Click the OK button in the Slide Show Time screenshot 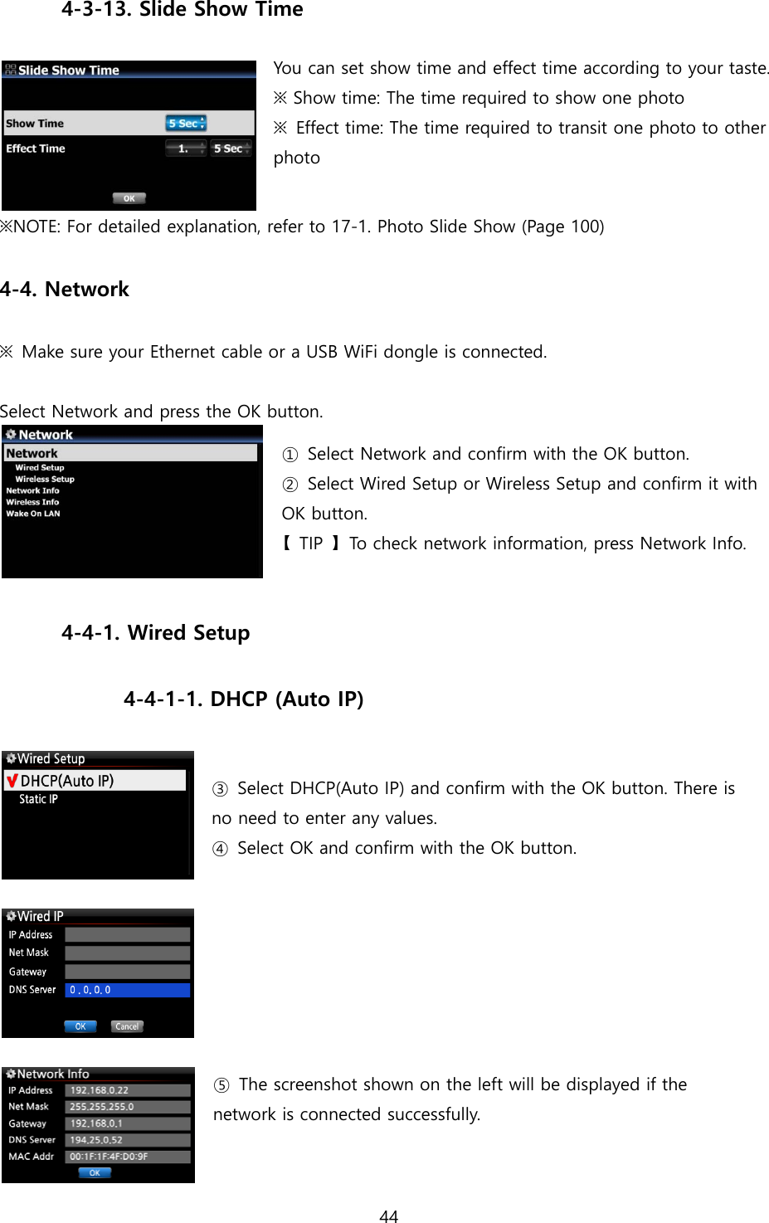point(129,198)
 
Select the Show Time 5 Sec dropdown point(186,124)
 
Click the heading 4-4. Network point(65,290)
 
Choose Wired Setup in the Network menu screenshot point(39,468)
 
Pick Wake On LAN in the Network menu point(33,514)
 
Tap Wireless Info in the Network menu point(32,502)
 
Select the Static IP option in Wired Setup point(38,799)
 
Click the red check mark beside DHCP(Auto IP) point(12,781)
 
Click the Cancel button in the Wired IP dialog point(127,1026)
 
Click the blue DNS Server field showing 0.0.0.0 point(127,990)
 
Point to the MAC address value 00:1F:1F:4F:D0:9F point(127,1157)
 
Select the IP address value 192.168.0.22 point(127,1090)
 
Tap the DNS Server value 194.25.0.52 point(127,1140)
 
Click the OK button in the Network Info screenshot point(95,1173)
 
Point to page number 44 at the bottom point(388,1216)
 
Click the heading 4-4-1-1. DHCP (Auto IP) point(243,699)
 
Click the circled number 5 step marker point(221,1085)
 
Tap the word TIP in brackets point(311,543)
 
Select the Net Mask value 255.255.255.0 point(127,1107)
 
